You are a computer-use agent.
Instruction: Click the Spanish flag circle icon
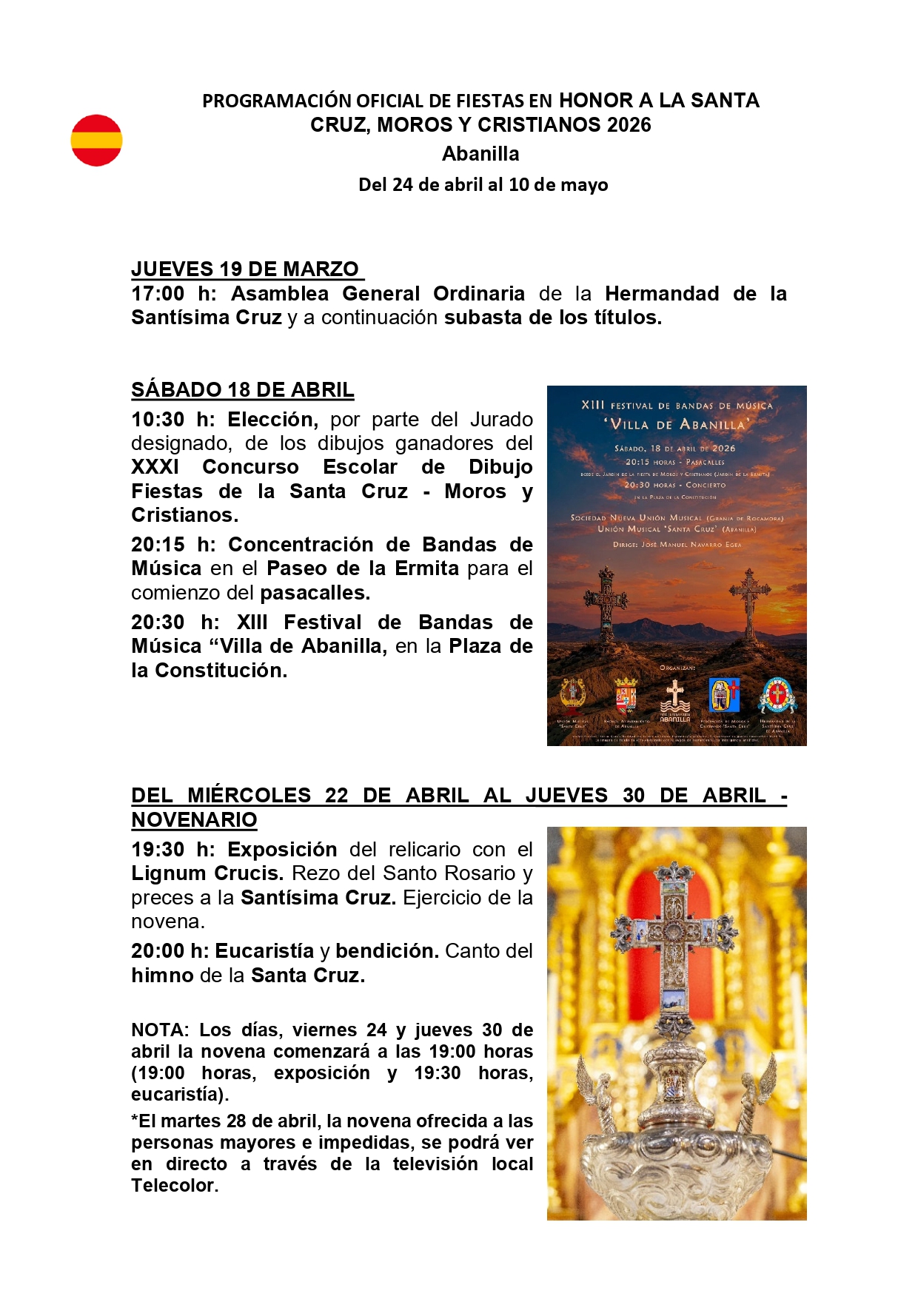tap(96, 140)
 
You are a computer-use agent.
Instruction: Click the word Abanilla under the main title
tap(480, 154)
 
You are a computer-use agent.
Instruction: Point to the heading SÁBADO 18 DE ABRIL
tap(243, 389)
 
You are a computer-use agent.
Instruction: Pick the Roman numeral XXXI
tap(155, 467)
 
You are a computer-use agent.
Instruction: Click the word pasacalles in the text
tap(315, 593)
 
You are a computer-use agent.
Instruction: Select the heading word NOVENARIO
tap(194, 819)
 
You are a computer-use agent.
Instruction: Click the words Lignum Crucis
tap(207, 873)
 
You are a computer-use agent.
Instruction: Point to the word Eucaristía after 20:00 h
tap(264, 951)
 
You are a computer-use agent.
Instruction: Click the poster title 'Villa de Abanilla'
tap(677, 424)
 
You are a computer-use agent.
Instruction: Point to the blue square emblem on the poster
tap(723, 695)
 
